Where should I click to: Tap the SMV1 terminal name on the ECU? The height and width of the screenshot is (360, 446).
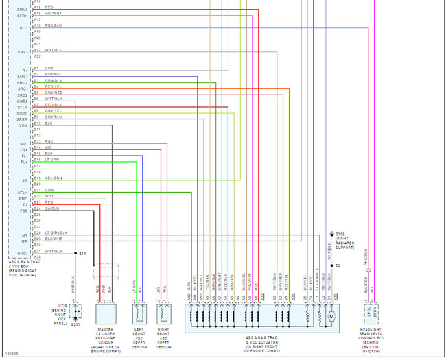pyautogui.click(x=23, y=51)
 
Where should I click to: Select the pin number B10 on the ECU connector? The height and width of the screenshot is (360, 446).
pyautogui.click(x=37, y=123)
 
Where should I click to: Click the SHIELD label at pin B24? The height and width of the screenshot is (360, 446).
pyautogui.click(x=52, y=208)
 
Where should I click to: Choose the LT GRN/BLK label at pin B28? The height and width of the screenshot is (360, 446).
pyautogui.click(x=57, y=233)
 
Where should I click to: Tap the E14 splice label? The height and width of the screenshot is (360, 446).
pyautogui.click(x=82, y=254)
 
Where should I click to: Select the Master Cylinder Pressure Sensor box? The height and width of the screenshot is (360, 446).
pyautogui.click(x=106, y=314)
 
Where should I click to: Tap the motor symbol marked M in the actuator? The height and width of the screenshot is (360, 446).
pyautogui.click(x=329, y=316)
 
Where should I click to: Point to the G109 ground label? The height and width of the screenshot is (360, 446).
pyautogui.click(x=338, y=234)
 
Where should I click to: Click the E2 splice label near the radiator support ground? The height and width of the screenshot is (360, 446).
pyautogui.click(x=337, y=265)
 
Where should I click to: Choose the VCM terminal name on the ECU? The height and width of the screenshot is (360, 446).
pyautogui.click(x=23, y=125)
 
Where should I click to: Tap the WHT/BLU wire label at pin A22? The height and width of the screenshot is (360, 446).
pyautogui.click(x=54, y=50)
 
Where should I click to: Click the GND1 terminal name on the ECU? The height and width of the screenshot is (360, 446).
pyautogui.click(x=23, y=252)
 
